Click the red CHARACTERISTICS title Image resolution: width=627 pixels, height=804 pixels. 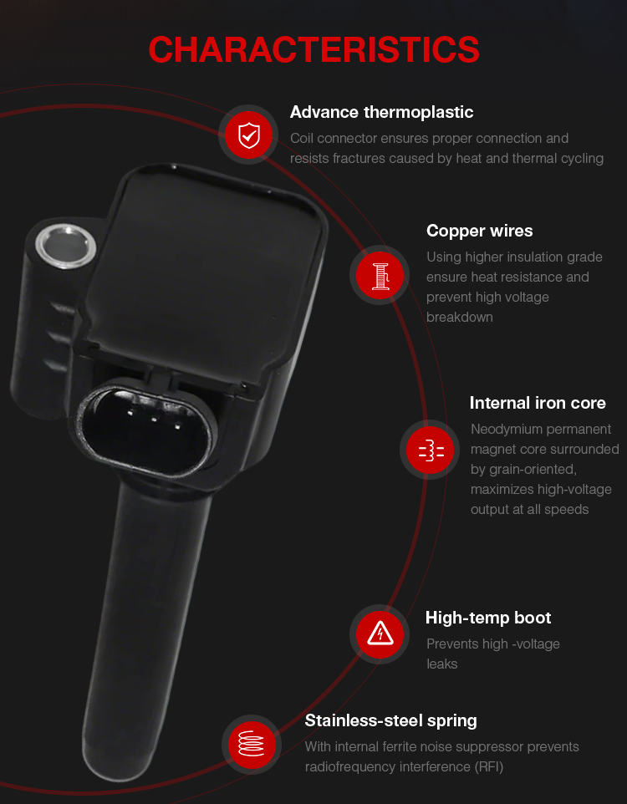point(313,50)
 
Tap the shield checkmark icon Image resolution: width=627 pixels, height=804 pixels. point(249,135)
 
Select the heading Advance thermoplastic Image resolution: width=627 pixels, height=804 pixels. point(381,112)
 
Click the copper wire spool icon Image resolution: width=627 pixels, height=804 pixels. point(380,275)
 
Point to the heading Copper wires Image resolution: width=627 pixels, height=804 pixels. point(479,231)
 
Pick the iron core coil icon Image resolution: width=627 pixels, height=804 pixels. point(431,450)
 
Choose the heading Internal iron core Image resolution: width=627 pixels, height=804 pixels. point(538,403)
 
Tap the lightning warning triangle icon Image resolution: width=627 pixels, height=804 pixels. point(380,634)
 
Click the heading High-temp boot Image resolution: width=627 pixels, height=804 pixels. point(488,618)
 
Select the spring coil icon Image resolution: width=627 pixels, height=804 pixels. point(251,743)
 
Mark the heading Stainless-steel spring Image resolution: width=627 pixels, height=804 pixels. point(390,720)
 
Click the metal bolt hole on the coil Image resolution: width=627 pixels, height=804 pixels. point(66,246)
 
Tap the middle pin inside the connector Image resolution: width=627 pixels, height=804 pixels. point(154,420)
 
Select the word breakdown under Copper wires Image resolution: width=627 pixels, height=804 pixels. point(460,318)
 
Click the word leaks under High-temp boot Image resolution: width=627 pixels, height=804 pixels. point(441,664)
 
